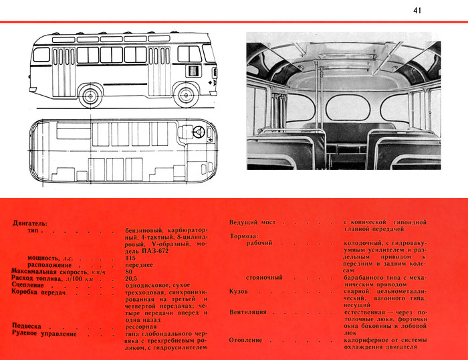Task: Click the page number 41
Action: pos(417,10)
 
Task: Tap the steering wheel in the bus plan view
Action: pos(199,132)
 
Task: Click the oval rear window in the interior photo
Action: pos(346,107)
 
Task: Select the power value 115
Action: pos(130,258)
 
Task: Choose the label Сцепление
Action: pos(29,285)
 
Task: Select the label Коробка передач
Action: pos(39,292)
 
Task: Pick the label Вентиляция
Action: pos(248,312)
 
